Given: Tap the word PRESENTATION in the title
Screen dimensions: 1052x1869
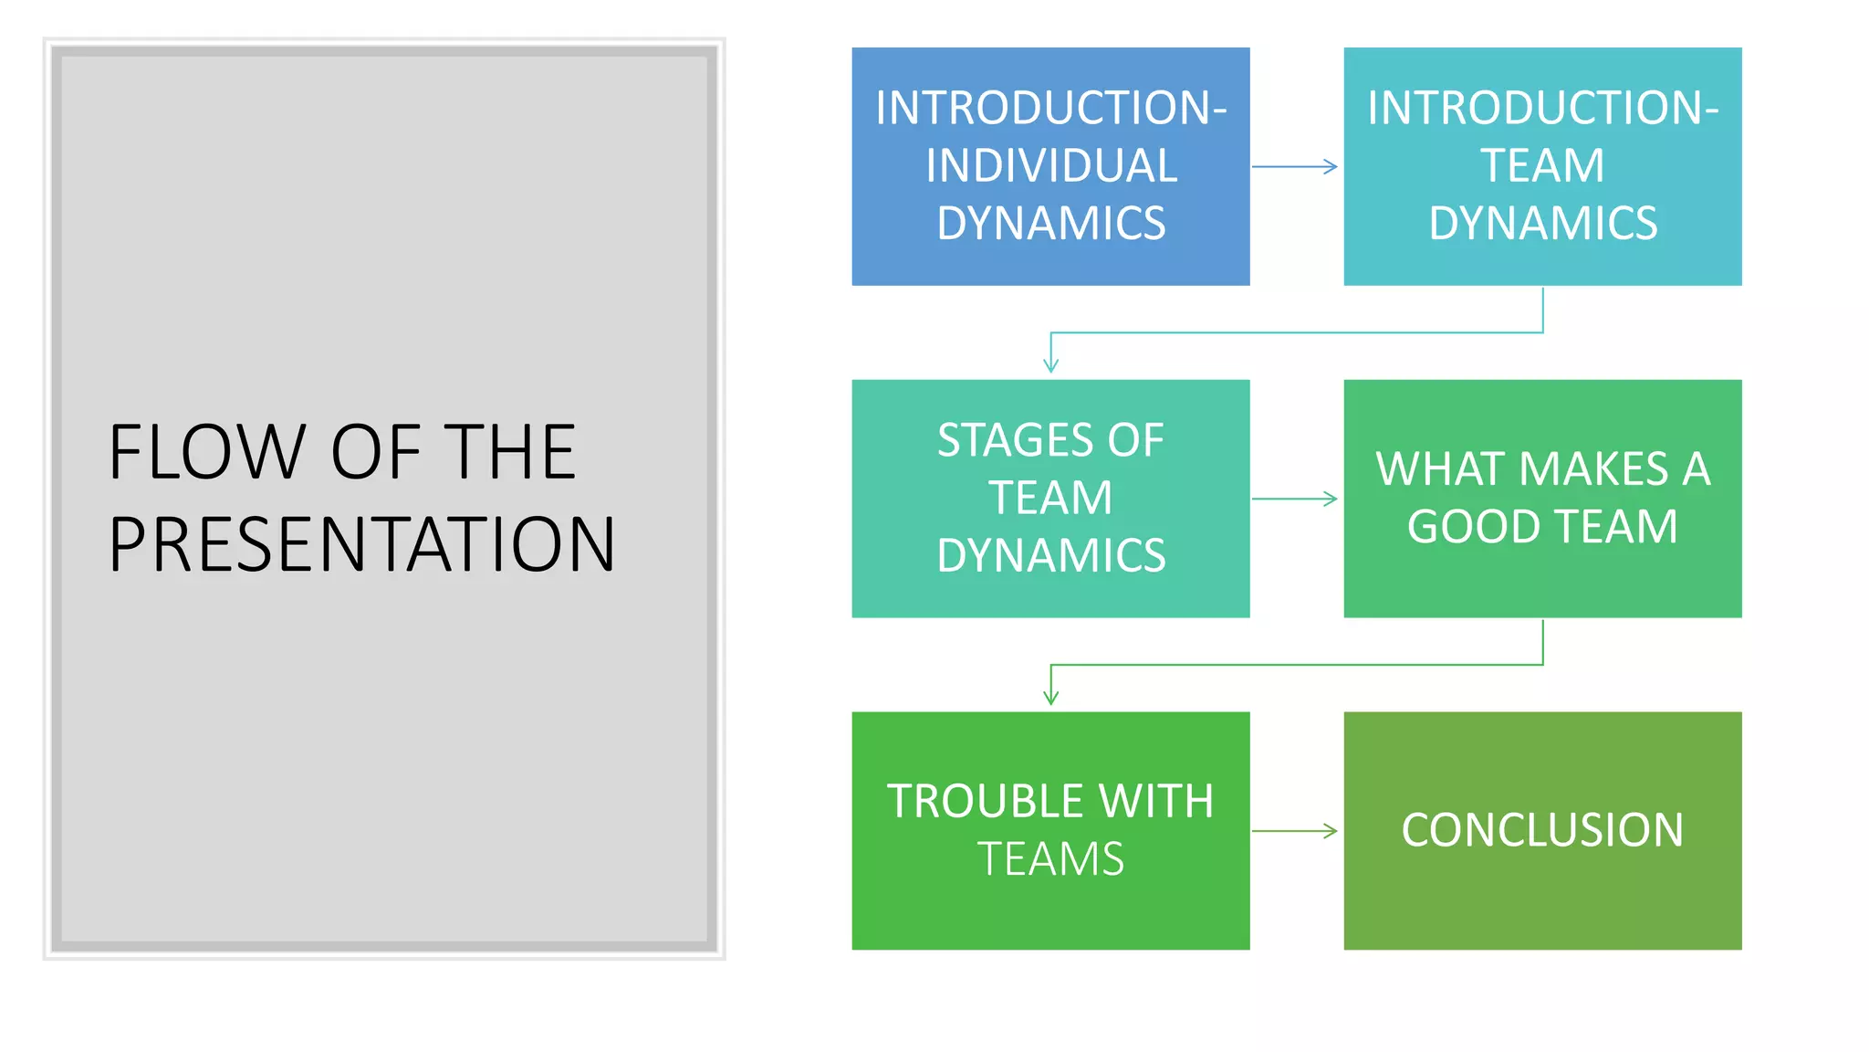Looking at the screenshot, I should pos(361,545).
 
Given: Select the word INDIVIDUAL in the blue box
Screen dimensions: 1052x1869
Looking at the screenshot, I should pos(1050,166).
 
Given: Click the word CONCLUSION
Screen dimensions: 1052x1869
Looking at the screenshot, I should pos(1541,830).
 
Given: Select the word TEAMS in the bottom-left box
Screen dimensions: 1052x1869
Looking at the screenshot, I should pos(1050,859).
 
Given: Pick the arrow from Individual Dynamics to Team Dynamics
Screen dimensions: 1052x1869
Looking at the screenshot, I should pos(1294,166).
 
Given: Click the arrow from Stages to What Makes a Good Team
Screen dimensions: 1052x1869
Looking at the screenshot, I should pos(1294,499).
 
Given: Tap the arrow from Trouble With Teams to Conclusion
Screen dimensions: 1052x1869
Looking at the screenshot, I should pos(1294,831).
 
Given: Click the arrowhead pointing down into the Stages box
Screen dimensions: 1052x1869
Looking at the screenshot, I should pos(1050,365).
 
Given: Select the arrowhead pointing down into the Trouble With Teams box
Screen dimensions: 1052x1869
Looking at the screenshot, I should pos(1050,698).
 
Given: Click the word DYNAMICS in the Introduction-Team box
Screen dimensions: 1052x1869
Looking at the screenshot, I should pos(1542,224).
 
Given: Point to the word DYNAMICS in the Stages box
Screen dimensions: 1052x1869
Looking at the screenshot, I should pos(1050,556).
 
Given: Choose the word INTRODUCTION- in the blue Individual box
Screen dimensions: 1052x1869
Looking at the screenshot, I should pos(1050,108).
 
